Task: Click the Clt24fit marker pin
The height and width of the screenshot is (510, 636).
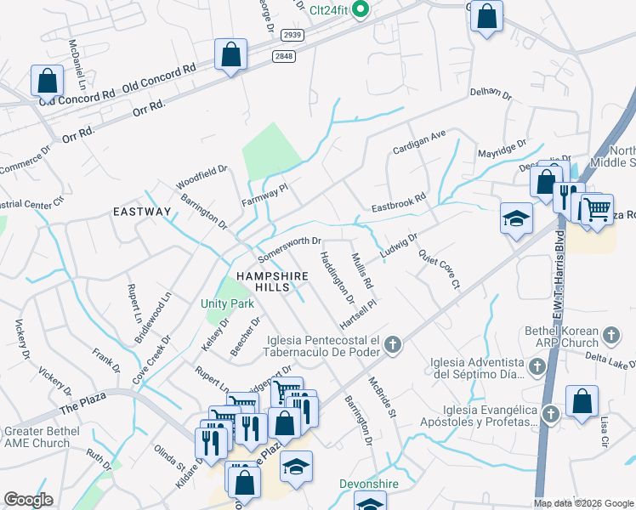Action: pos(360,10)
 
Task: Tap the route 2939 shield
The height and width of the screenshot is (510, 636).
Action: pos(292,35)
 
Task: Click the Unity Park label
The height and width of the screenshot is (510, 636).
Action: pos(221,303)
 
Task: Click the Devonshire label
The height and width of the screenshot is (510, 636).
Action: pos(369,484)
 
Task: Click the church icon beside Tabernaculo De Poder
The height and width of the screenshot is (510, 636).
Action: pos(392,345)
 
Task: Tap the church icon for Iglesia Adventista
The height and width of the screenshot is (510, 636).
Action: pos(537,366)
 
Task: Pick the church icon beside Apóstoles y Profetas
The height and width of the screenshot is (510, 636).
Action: pos(550,414)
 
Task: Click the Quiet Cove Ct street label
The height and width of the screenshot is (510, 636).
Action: pos(438,269)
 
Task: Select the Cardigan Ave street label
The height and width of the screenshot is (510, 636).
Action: pos(418,142)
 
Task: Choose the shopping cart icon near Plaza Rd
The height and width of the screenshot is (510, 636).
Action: pos(597,207)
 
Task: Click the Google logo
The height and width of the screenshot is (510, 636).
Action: pos(28,499)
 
